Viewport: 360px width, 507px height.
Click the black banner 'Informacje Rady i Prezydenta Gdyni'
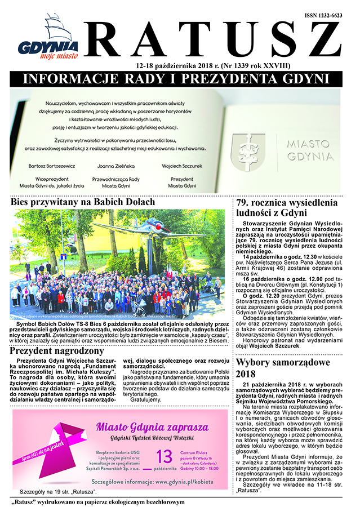180,78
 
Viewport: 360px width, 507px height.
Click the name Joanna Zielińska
118,166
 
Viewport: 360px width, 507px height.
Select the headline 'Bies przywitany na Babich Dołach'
85,201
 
